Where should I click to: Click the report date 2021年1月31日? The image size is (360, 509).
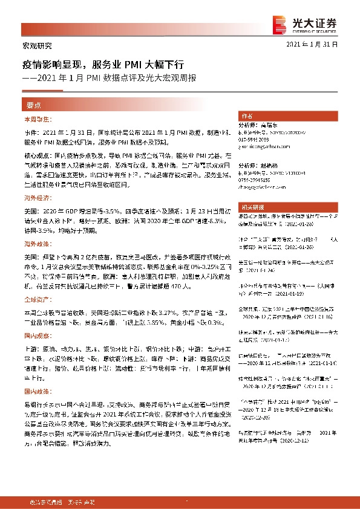pos(312,45)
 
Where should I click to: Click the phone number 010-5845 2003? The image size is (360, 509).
pos(255,138)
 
